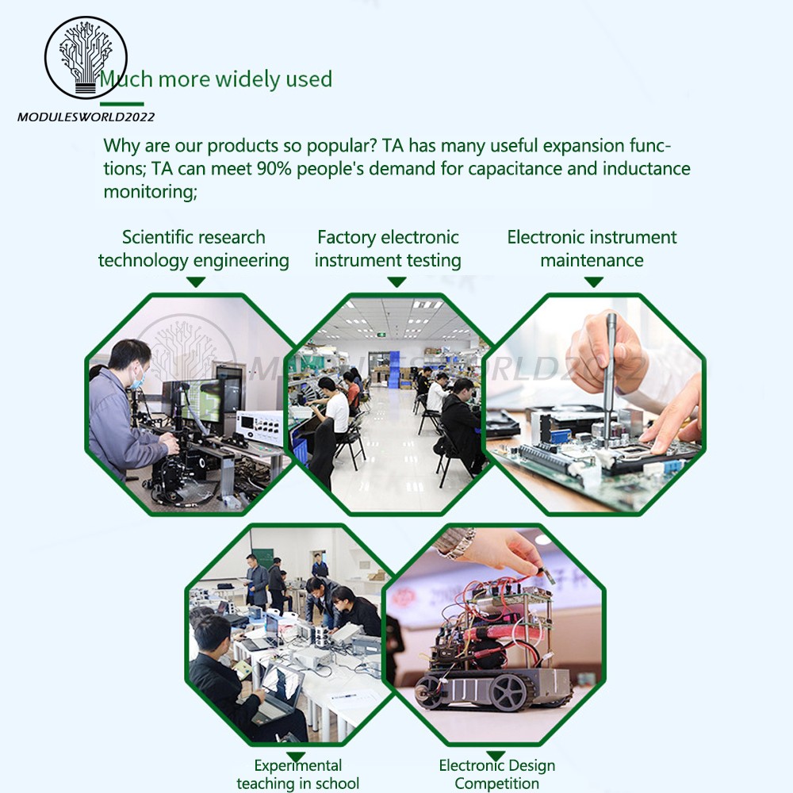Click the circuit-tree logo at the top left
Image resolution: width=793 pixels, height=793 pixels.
tap(86, 57)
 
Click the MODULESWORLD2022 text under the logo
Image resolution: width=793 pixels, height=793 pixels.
tap(86, 117)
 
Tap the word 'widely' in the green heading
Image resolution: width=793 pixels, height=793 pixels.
tap(248, 80)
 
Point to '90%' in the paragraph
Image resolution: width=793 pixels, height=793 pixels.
tap(274, 168)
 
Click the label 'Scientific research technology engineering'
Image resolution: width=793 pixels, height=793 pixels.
tap(193, 249)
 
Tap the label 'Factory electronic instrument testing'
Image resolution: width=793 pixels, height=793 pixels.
tap(388, 249)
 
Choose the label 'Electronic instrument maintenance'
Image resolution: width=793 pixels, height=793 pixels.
tap(592, 249)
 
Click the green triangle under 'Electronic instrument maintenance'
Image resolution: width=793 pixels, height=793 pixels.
tap(593, 282)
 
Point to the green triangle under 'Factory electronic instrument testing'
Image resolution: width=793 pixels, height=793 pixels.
tap(396, 282)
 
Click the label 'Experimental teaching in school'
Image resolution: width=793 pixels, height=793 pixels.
tap(298, 774)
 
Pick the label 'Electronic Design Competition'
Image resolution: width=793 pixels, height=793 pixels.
tap(496, 774)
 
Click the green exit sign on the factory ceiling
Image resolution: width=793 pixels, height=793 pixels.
tap(381, 335)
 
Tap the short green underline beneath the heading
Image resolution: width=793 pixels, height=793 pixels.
tap(122, 104)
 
